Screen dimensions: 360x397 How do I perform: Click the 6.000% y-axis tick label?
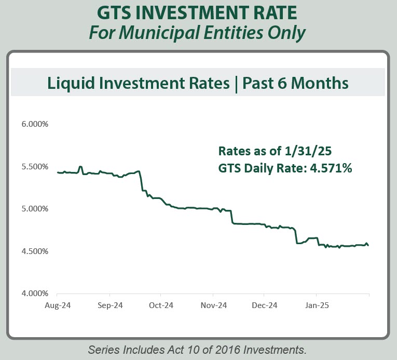coord(35,125)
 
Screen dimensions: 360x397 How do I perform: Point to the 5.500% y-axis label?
coord(35,167)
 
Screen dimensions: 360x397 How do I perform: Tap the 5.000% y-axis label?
coord(35,209)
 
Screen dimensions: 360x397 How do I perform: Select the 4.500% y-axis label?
coord(35,251)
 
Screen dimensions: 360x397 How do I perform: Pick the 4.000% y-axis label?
coord(35,294)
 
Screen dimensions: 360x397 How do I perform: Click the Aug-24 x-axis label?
coord(58,305)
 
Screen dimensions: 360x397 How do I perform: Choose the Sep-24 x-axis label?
coord(109,305)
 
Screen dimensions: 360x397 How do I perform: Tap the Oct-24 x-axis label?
coord(161,305)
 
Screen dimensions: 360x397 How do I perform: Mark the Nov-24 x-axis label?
coord(214,305)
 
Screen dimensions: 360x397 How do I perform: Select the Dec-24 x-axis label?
coord(265,305)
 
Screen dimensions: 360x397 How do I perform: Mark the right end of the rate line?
coord(368,245)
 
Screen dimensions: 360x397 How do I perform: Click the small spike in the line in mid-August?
coord(80,167)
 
